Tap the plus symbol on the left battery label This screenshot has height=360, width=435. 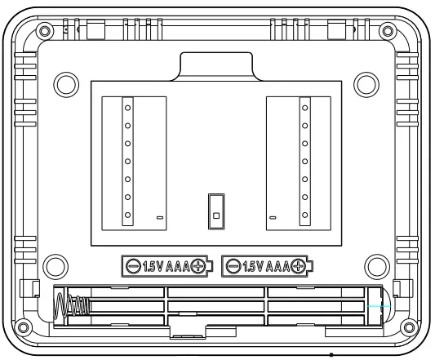pos(198,265)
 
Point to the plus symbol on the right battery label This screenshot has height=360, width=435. pos(300,265)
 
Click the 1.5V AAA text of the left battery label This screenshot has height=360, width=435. pos(165,265)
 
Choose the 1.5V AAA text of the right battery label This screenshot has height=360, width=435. pos(267,265)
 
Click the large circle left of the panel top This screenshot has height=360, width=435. pos(62,83)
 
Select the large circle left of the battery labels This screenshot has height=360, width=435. pos(54,265)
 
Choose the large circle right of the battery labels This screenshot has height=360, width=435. pos(376,265)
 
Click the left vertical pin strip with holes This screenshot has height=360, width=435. pos(127,160)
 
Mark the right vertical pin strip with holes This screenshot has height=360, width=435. pos(305,160)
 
